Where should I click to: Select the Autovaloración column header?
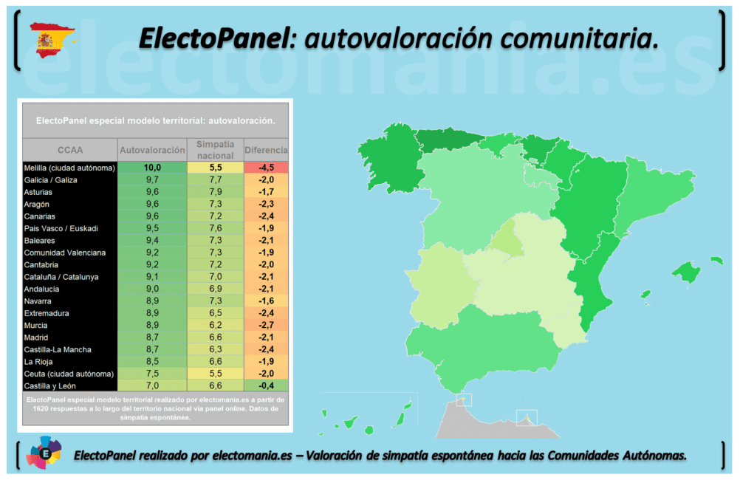(152, 150)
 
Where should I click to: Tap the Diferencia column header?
(266, 150)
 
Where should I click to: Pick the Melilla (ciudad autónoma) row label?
(69, 168)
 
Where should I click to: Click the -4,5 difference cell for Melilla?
(266, 168)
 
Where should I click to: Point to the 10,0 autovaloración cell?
(152, 168)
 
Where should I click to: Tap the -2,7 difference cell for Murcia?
(266, 325)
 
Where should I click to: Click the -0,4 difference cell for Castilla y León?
(266, 385)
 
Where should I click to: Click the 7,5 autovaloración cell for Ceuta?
(152, 374)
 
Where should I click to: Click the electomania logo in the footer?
(44, 454)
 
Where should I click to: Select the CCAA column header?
(69, 150)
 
